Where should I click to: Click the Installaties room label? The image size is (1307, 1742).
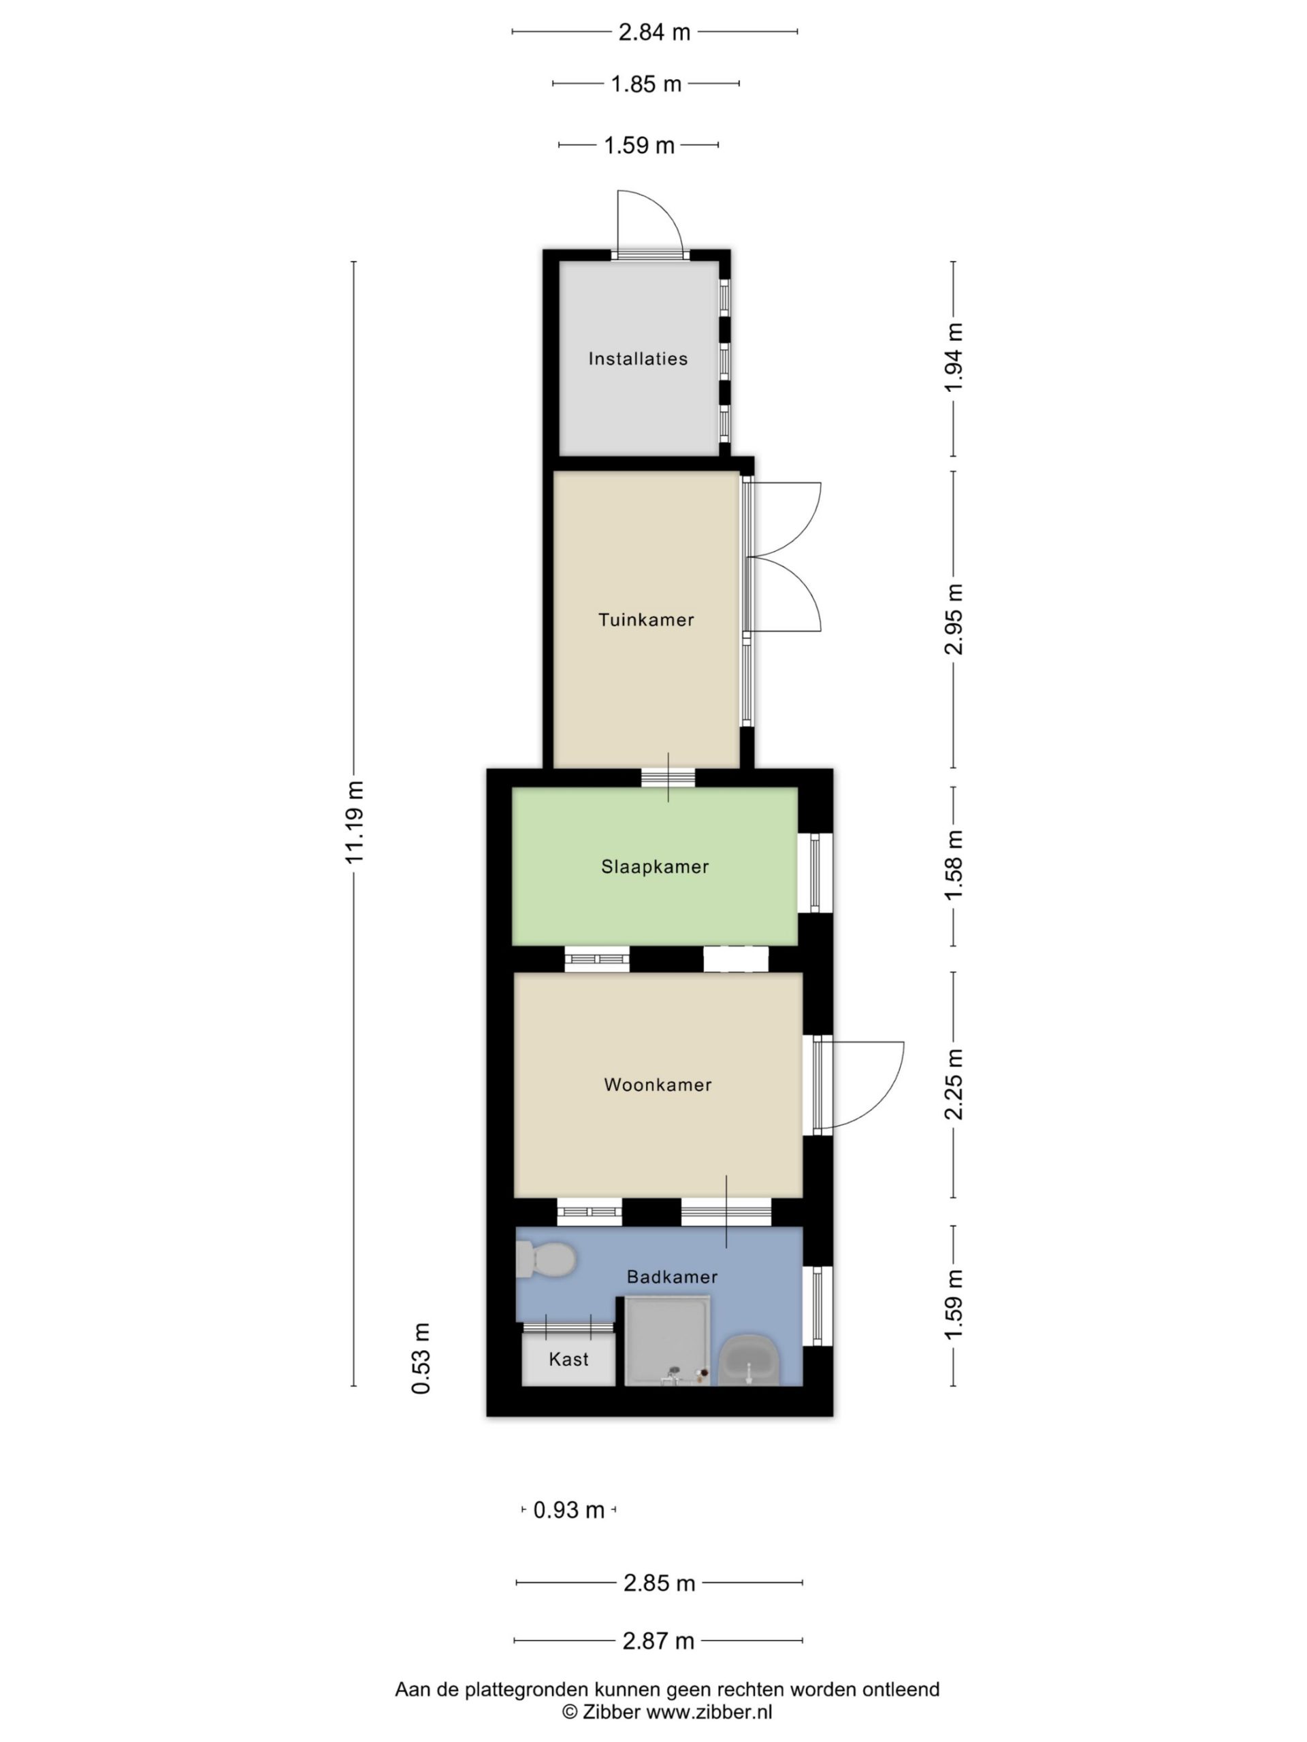coord(637,359)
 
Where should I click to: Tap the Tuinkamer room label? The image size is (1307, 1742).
coord(646,620)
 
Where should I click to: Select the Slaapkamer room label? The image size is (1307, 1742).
coord(655,867)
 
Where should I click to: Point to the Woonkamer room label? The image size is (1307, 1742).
coord(658,1085)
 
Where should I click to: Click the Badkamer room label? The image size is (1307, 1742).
coord(672,1277)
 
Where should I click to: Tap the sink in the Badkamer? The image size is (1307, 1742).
coord(749,1360)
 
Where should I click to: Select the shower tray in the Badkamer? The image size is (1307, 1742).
coord(667,1341)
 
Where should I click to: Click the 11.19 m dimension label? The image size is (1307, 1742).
coord(355,822)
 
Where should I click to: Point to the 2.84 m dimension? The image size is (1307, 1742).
coord(654,32)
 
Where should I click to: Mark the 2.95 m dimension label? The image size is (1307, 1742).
coord(954,619)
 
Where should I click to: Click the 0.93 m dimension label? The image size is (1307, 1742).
coord(569,1511)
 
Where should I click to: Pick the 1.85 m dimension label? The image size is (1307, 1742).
coord(646,84)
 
